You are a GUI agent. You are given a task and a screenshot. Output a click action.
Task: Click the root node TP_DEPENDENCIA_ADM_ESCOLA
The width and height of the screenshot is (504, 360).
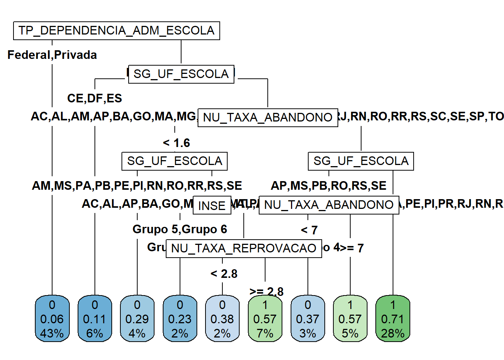(x=116, y=31)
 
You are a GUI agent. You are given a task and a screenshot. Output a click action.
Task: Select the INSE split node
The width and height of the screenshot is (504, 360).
(x=212, y=205)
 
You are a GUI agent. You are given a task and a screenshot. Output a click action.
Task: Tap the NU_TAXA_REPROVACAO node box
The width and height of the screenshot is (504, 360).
(x=244, y=248)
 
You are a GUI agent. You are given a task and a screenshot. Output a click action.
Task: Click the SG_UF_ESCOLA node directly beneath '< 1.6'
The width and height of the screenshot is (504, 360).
(x=174, y=161)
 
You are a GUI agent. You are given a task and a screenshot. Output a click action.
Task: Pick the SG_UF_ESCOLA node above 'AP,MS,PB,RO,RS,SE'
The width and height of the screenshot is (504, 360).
(x=361, y=161)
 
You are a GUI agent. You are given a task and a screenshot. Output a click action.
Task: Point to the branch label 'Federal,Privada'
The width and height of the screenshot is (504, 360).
(x=52, y=55)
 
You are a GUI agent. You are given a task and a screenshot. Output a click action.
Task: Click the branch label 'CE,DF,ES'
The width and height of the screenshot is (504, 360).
(x=94, y=98)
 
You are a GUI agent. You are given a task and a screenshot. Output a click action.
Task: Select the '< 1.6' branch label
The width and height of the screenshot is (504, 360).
(x=176, y=143)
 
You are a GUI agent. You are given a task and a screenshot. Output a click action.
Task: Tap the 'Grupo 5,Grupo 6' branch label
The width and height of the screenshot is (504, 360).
(x=180, y=229)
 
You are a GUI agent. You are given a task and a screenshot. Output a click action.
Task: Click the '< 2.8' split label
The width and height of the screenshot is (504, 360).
(x=224, y=274)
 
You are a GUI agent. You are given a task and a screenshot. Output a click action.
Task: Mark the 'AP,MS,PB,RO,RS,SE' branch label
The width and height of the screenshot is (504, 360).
(x=328, y=186)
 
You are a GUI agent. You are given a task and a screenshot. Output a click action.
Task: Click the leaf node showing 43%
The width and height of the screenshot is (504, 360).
(x=52, y=319)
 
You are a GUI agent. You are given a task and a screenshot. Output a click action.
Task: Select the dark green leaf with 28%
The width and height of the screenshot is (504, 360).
(x=393, y=319)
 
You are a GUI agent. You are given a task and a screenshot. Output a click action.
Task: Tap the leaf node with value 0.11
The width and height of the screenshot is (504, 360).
(x=94, y=319)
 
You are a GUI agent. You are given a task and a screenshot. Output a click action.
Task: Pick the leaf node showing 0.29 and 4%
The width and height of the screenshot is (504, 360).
(x=137, y=319)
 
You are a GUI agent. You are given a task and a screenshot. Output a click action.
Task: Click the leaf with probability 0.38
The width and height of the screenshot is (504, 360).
(x=222, y=319)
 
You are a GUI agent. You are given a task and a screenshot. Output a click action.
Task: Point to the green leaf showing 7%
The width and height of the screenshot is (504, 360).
(x=265, y=319)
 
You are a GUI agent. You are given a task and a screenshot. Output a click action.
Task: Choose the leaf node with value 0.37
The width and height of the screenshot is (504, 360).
(x=307, y=319)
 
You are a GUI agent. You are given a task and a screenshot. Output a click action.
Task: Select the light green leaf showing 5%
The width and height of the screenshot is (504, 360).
(x=350, y=319)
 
